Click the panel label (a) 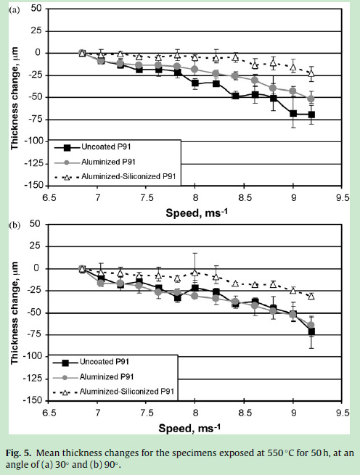[15, 11]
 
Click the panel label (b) [15, 226]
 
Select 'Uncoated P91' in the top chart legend [106, 147]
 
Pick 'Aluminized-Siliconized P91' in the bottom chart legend [127, 392]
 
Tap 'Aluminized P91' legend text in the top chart [108, 162]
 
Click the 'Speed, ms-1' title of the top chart [197, 212]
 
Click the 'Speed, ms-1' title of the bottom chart [189, 428]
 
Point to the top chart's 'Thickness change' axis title [15, 98]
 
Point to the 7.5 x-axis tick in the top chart [146, 198]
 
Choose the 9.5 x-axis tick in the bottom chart [343, 413]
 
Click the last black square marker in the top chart [311, 115]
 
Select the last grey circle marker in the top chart [311, 99]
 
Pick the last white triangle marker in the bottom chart [311, 297]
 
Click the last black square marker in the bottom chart [311, 331]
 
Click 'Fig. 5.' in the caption [18, 453]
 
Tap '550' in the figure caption [275, 453]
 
